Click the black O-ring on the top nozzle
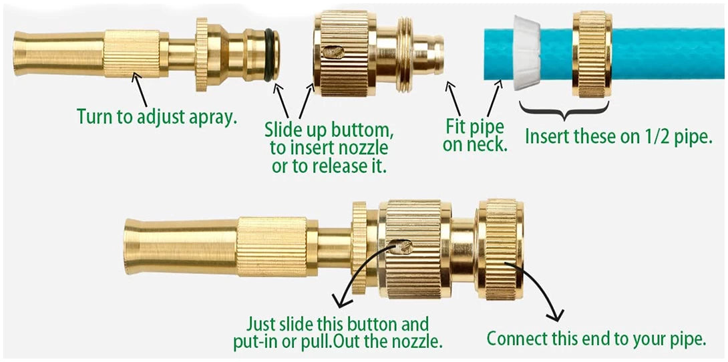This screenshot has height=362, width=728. [x=268, y=55]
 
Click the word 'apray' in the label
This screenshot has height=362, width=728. [x=214, y=117]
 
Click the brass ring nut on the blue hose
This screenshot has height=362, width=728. [x=592, y=54]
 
